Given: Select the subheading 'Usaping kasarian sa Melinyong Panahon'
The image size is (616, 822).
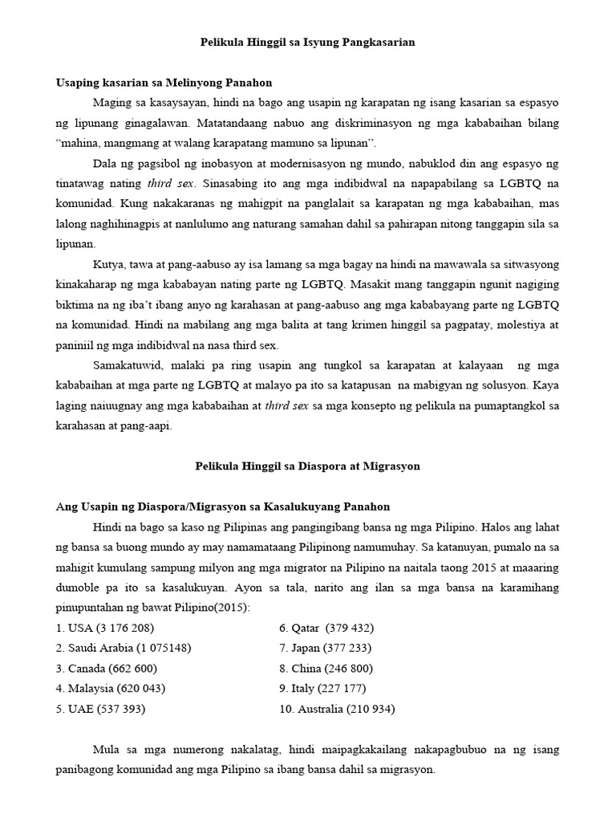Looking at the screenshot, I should [x=164, y=83].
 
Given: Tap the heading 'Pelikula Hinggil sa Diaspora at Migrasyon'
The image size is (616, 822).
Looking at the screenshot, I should [x=308, y=466].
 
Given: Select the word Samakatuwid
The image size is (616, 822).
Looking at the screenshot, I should [x=128, y=366].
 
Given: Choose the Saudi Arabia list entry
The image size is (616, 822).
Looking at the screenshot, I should [x=124, y=648].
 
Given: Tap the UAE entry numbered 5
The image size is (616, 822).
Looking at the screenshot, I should [x=100, y=709].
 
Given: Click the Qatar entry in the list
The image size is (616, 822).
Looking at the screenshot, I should [x=326, y=627].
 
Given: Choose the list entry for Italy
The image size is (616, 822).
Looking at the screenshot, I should [x=322, y=689].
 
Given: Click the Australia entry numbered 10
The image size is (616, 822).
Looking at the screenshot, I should [x=337, y=709].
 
